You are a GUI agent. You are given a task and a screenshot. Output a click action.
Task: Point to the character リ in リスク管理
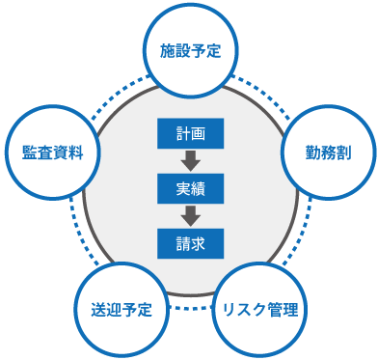[229, 310]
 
